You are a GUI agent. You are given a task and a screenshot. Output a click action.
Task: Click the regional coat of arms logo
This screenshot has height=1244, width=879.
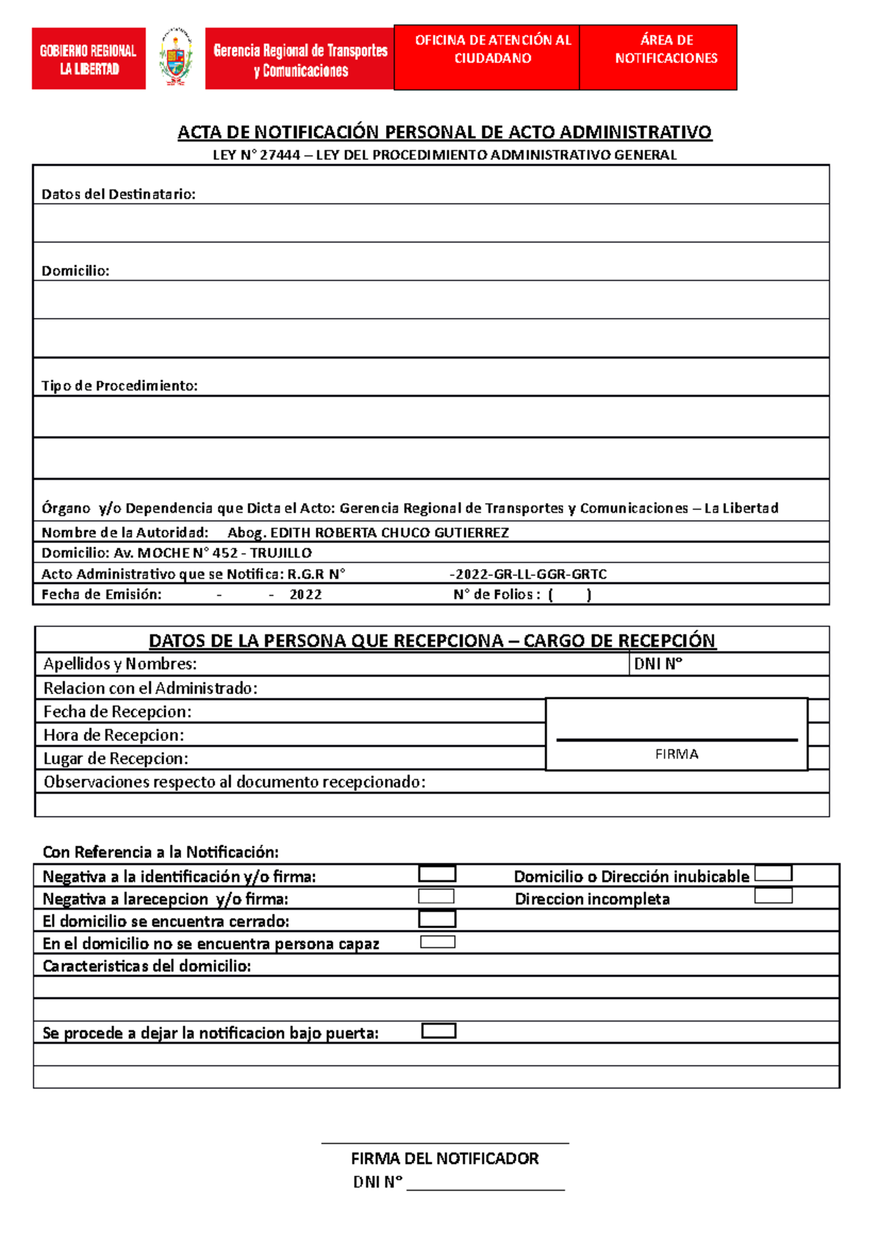tap(175, 58)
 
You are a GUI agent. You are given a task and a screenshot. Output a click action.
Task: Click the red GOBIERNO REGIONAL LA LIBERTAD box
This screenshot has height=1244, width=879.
tap(89, 59)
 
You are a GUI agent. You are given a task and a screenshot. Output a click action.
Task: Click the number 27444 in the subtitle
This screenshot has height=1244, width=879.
tap(282, 155)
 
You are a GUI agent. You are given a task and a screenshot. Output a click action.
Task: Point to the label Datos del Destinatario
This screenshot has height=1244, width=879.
tap(118, 194)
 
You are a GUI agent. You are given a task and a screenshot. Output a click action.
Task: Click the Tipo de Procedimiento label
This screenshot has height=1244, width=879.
tap(119, 385)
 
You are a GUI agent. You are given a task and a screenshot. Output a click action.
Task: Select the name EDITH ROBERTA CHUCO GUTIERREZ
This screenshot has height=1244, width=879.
tap(389, 533)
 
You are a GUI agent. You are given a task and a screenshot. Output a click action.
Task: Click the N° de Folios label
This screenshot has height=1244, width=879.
tap(496, 594)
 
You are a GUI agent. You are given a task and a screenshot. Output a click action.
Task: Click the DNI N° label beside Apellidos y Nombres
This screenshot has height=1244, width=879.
tap(658, 664)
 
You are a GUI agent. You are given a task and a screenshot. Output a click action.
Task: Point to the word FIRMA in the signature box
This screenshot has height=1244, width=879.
tap(676, 754)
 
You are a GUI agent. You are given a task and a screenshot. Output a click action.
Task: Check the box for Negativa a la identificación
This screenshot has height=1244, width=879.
tap(437, 874)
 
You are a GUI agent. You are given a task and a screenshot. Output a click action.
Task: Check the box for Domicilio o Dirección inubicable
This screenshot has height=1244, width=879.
tap(773, 873)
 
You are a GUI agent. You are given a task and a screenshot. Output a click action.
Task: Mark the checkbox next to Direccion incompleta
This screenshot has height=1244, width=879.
tap(773, 896)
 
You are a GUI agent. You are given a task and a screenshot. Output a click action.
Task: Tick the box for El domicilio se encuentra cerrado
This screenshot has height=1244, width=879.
tap(437, 919)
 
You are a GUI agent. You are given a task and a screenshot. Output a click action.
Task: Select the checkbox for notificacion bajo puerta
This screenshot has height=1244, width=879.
tap(439, 1031)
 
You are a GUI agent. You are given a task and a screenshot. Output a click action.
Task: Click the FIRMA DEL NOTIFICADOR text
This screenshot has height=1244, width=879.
tap(445, 1158)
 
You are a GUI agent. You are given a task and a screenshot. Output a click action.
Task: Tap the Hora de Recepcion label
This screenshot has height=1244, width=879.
tap(114, 735)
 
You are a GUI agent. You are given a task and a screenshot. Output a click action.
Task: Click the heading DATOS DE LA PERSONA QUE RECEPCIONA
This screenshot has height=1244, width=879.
tap(326, 640)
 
